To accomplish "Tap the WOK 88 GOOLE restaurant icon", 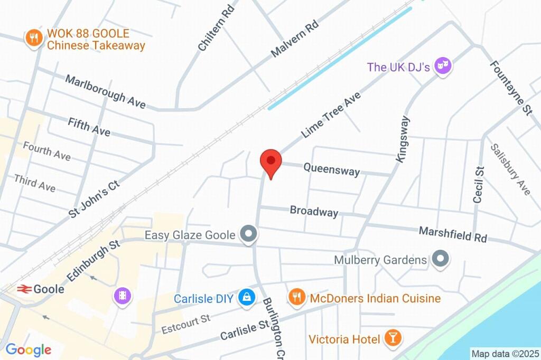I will (34, 38).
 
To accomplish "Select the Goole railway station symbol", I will (23, 289).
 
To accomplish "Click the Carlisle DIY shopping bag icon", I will (246, 298).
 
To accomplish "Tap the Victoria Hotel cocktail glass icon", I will (392, 338).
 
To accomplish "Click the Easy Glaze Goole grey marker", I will (248, 234).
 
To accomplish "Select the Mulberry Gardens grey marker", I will (440, 259).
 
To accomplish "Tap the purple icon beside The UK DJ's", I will (442, 67).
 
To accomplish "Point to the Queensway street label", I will (331, 169).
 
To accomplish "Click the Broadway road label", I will (314, 211).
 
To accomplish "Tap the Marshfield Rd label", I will (453, 234).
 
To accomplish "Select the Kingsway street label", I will (403, 138).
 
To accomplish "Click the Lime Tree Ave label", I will (331, 115).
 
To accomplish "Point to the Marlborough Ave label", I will (105, 91).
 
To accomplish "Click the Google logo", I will (29, 349).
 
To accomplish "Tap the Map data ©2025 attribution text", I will (505, 354).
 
